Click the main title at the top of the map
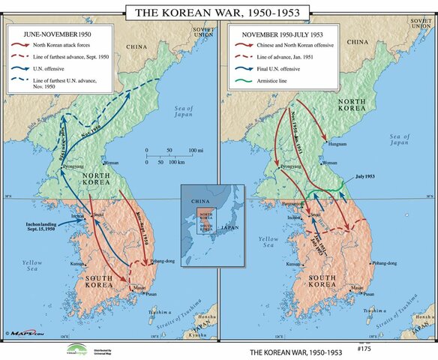click(x=218, y=12)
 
